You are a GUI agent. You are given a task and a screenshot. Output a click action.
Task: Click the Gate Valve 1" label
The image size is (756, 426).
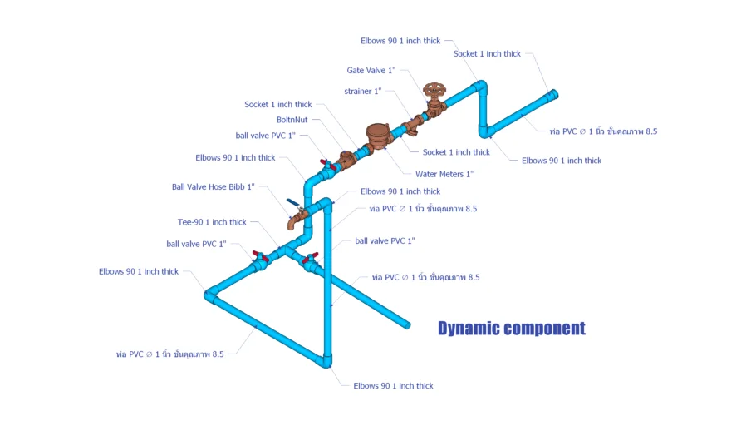coord(371,70)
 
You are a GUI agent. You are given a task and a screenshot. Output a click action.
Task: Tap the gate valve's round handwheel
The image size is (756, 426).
coord(434,90)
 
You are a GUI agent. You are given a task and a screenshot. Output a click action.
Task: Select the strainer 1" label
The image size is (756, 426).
coord(362,91)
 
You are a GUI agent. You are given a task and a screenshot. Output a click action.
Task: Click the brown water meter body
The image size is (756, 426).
coord(378,136)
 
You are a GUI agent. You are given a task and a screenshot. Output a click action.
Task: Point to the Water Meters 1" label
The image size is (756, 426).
coord(444,174)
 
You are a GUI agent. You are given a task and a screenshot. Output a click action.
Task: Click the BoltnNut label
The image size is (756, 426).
coord(292,120)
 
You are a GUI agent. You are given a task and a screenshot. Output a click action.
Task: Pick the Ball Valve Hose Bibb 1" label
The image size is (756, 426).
coord(214,186)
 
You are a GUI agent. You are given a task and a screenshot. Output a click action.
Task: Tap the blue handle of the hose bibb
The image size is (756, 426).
coord(293,203)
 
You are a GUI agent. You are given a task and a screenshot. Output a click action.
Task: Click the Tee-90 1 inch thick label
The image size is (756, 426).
coord(212,222)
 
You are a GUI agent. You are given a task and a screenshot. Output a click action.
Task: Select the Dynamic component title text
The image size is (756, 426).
coord(512,329)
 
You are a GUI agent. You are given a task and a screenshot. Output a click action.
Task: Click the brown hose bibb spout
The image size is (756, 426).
coord(293,221)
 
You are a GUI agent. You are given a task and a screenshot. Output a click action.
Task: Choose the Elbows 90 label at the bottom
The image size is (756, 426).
coord(393,386)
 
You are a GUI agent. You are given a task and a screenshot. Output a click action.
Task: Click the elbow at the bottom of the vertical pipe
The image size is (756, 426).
coord(326,361)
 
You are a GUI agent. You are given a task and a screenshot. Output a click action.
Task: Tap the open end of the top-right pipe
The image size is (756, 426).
coord(553,94)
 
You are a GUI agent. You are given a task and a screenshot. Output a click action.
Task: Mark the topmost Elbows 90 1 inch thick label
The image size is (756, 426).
coord(400,41)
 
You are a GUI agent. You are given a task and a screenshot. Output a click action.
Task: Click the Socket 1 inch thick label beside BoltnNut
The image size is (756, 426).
coord(277,104)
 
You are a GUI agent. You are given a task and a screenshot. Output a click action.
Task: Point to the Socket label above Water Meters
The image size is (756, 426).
coord(456,152)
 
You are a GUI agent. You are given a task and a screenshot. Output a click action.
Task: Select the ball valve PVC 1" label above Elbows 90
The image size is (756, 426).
coord(265,136)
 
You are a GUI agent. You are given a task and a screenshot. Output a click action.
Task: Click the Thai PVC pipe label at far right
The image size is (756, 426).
coord(603,131)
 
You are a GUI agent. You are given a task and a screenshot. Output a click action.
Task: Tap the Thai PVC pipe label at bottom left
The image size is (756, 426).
coord(169,354)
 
